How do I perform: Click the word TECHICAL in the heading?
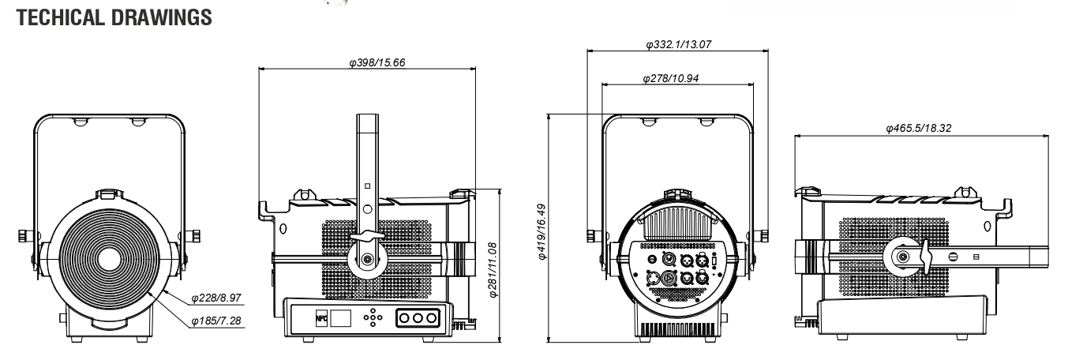click(x=60, y=17)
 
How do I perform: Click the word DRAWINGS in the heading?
click(x=162, y=17)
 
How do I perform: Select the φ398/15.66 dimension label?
click(x=377, y=62)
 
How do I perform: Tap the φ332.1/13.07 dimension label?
click(x=679, y=44)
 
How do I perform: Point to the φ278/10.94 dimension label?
click(x=670, y=78)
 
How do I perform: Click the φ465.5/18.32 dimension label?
click(x=918, y=128)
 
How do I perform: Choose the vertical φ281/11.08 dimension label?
click(x=493, y=270)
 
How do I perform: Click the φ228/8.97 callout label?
click(x=216, y=298)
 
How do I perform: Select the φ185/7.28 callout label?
click(x=216, y=321)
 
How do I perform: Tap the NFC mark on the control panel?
click(x=321, y=318)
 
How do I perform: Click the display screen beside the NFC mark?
click(x=340, y=318)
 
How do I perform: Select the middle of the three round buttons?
click(x=418, y=318)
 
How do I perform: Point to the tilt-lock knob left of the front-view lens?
click(x=24, y=236)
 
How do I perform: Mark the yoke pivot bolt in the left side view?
click(x=367, y=260)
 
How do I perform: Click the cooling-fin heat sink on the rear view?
click(x=677, y=223)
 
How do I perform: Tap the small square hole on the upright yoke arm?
click(x=367, y=186)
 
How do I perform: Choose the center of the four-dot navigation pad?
click(x=373, y=317)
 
